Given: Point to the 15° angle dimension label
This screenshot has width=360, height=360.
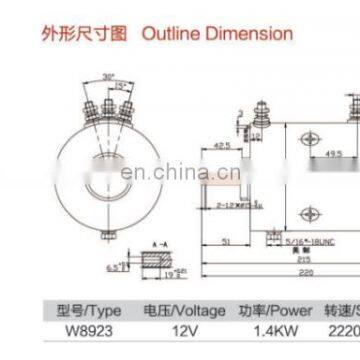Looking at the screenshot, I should [x=122, y=85].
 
